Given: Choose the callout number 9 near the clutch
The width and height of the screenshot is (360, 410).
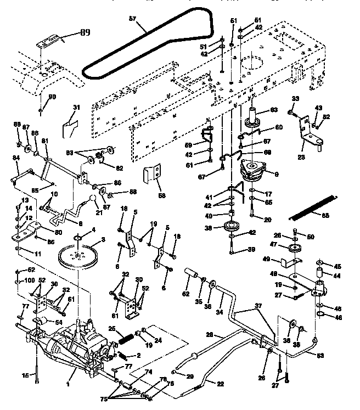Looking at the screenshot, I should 269,175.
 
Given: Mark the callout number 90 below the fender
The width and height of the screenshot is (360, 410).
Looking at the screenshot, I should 53,97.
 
